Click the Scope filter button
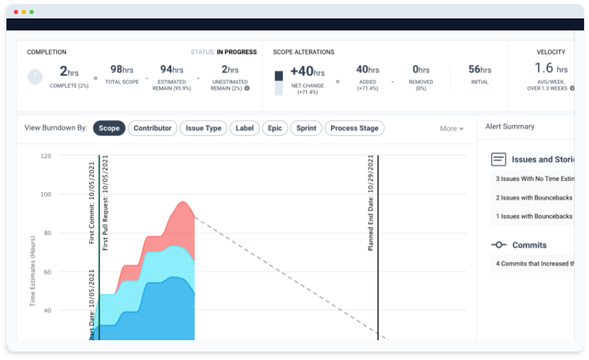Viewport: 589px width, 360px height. (109, 128)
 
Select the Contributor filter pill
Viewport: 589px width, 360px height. (153, 128)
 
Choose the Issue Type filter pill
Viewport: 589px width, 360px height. (204, 128)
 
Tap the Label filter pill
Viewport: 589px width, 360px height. (245, 128)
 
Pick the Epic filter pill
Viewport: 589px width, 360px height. (274, 128)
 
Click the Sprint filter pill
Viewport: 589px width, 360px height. (306, 128)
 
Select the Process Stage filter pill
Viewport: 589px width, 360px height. (355, 128)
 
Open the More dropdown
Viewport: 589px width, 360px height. (451, 129)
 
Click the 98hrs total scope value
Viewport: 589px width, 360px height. (122, 69)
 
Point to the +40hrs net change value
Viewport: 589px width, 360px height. (307, 71)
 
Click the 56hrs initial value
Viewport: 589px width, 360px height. (480, 69)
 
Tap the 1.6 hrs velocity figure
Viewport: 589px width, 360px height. (551, 68)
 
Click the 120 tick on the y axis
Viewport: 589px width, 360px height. (46, 156)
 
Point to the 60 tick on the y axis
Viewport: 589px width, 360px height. (46, 272)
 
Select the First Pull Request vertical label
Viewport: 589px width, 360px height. (106, 203)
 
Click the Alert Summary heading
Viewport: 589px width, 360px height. (510, 126)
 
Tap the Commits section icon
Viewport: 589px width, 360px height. (499, 245)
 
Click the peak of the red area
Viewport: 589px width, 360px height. (183, 203)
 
